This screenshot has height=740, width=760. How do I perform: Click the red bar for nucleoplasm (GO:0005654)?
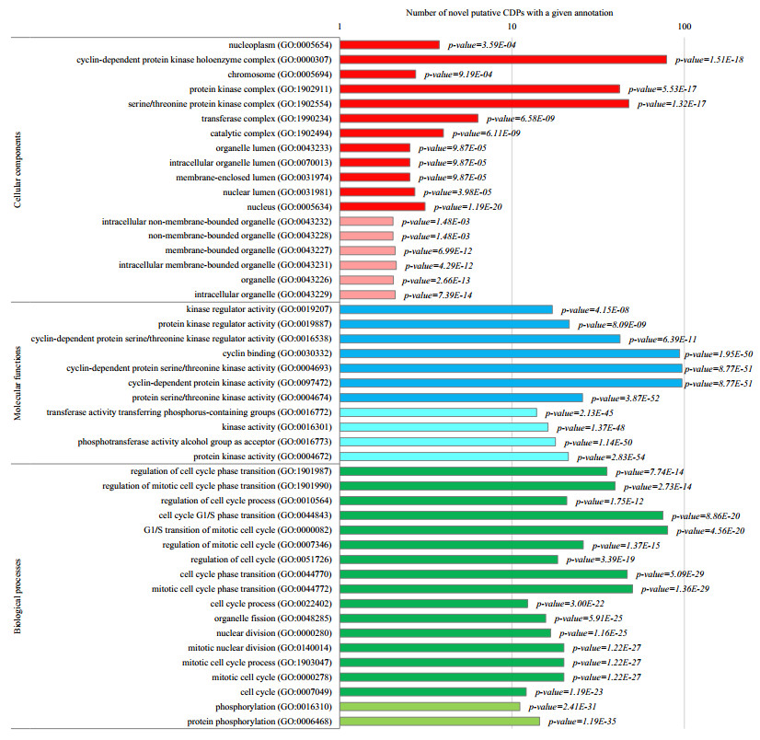click(x=390, y=44)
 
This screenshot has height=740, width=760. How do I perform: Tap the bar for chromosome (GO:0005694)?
click(x=378, y=74)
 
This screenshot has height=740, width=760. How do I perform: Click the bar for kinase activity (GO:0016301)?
click(x=444, y=427)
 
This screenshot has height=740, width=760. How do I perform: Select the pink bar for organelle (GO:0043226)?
click(x=367, y=280)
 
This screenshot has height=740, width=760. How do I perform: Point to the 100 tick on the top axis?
click(x=684, y=27)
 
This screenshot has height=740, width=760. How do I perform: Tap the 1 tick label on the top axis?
click(x=340, y=27)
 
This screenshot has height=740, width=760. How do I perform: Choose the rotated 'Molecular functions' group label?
click(x=17, y=382)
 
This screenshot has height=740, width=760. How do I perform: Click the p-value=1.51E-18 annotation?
click(x=714, y=59)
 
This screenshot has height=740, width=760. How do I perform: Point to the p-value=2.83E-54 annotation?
click(x=618, y=457)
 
